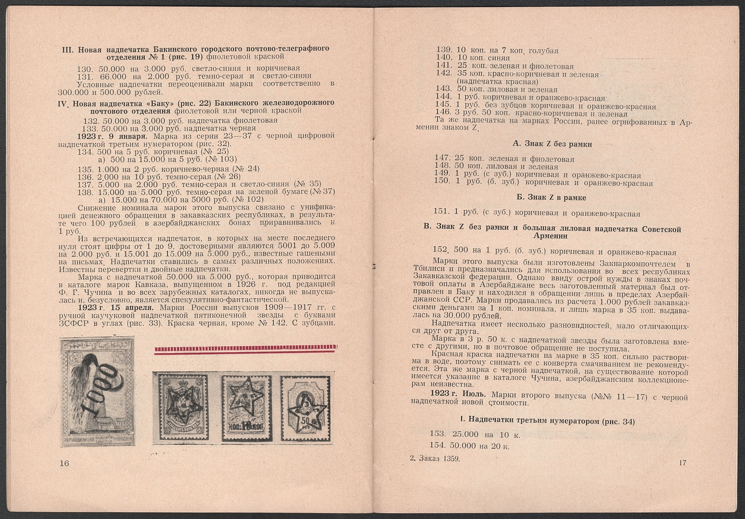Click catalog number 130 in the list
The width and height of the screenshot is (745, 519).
[86, 68]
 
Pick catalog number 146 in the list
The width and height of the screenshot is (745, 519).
[443, 114]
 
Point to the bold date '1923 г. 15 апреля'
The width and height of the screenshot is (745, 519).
[117, 308]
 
